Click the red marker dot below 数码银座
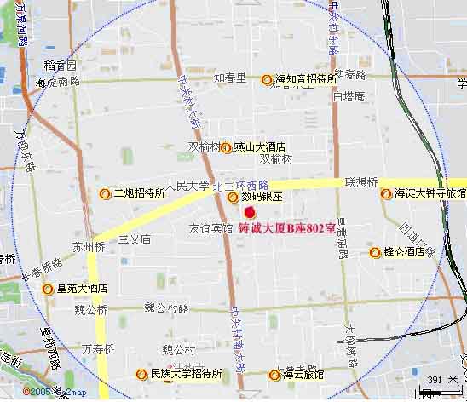(249, 211)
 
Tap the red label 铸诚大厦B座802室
(287, 229)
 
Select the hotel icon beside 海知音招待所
(267, 79)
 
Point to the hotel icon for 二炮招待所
(105, 193)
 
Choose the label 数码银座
(261, 197)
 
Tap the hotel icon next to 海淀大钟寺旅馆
(386, 193)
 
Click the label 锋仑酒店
(404, 252)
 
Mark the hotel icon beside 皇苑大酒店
(48, 288)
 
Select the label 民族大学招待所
(186, 374)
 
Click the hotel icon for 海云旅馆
(274, 375)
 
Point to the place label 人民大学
(187, 185)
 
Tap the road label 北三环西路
(241, 185)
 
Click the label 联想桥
(361, 182)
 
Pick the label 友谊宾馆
(210, 228)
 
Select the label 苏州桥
(88, 248)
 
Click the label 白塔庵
(349, 96)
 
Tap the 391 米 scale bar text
(442, 380)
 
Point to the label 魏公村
(179, 349)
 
